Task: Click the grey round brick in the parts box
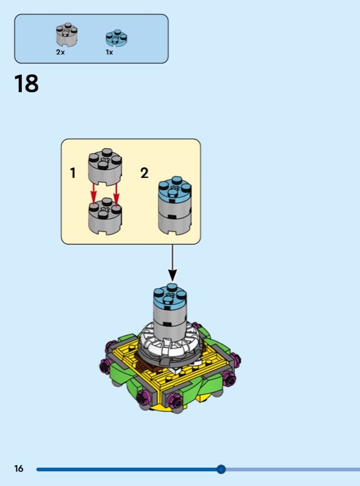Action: coord(67,35)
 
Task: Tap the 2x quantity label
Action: coord(61,52)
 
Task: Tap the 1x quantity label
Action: coord(109,52)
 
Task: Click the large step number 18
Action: coord(26,84)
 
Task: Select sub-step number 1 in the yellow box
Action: coord(73,173)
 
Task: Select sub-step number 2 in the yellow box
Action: coord(144,173)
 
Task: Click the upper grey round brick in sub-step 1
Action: coord(105,166)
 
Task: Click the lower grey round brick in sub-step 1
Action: coord(105,216)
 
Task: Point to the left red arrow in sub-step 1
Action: coord(93,193)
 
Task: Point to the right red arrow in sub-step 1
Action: coord(116,194)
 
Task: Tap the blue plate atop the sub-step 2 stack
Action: coord(175,189)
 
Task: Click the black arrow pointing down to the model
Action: coord(172,264)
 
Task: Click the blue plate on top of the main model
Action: coord(170,296)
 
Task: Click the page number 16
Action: coord(19,468)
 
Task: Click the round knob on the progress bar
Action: coord(221,469)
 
